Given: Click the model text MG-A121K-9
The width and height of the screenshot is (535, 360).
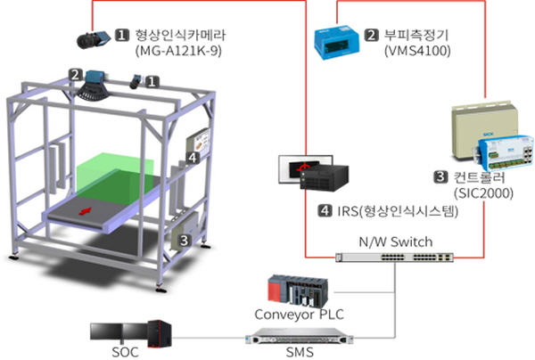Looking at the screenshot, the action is [179, 51].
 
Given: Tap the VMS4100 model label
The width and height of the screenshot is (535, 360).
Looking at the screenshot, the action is [417, 51].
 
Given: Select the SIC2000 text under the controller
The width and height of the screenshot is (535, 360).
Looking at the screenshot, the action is [484, 193].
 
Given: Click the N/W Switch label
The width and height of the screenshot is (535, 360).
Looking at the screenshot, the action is [396, 241].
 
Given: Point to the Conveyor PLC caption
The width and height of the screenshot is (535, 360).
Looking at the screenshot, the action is [300, 315].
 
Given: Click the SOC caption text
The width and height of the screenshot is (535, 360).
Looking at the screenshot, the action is [125, 352].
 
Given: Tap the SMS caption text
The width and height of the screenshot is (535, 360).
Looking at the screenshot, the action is [300, 352].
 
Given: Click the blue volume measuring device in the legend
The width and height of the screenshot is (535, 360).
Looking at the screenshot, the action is [336, 42].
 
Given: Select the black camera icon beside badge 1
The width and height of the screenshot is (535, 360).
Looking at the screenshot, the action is [94, 40].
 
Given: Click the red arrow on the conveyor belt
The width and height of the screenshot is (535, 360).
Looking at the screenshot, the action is [86, 211].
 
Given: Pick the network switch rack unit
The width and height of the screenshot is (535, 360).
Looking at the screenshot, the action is [395, 258].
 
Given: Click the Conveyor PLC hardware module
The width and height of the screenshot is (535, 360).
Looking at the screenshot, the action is [298, 290].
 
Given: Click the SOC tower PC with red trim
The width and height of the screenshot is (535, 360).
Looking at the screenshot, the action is [160, 334].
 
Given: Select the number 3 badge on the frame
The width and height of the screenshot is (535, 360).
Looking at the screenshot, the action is [184, 241].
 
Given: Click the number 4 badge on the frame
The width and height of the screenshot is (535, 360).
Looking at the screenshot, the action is [193, 158].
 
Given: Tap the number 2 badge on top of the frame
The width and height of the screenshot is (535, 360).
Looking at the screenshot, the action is [75, 75].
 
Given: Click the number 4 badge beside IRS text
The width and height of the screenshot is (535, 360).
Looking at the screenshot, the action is [325, 210].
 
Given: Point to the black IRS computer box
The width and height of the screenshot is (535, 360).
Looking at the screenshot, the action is [324, 177].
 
